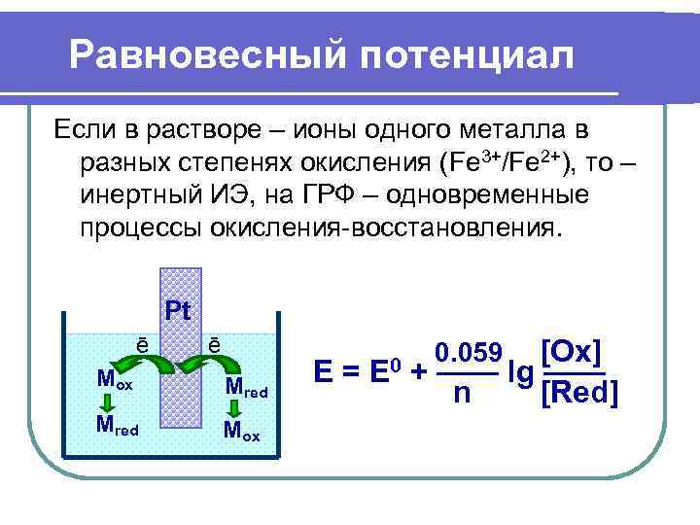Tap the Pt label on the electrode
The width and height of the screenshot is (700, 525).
point(178,312)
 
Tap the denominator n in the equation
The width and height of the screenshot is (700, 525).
point(464,393)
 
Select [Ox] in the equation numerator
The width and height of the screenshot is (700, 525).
point(570,351)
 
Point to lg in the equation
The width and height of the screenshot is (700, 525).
point(520,371)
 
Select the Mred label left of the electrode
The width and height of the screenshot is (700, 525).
point(117,424)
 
